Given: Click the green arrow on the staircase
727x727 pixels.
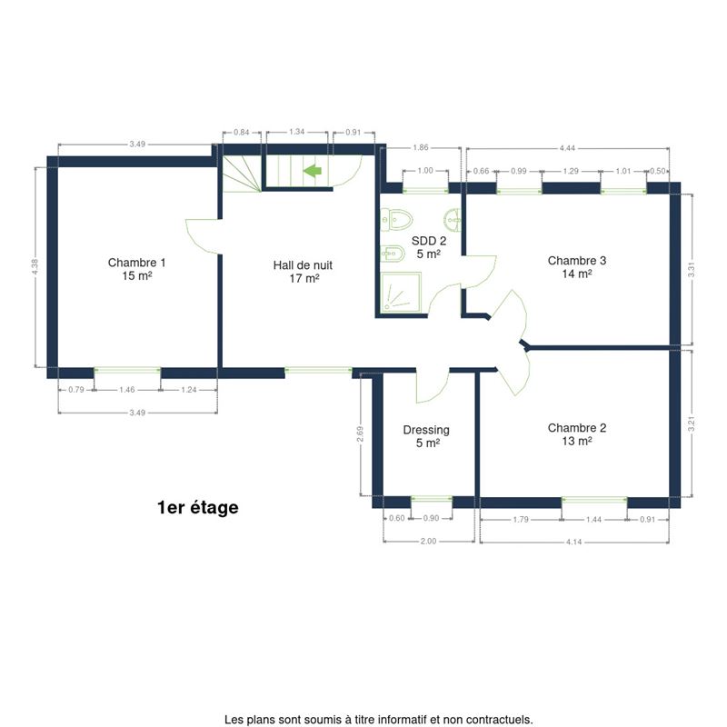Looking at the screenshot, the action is pyautogui.click(x=313, y=171).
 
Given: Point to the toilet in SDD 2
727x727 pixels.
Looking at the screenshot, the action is pyautogui.click(x=396, y=220).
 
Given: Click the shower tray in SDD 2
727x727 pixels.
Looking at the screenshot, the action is pyautogui.click(x=401, y=292).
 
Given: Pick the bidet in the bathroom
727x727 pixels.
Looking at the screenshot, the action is pyautogui.click(x=393, y=254).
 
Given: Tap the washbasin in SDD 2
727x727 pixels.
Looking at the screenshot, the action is pyautogui.click(x=453, y=220).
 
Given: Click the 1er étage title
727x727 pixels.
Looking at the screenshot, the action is pyautogui.click(x=198, y=507).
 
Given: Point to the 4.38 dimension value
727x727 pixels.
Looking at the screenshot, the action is pyautogui.click(x=35, y=267).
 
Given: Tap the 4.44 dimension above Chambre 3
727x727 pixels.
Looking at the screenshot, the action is pyautogui.click(x=567, y=148).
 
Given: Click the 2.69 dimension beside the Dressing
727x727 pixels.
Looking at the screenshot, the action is pyautogui.click(x=360, y=434).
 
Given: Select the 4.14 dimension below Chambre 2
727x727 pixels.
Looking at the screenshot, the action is pyautogui.click(x=574, y=542).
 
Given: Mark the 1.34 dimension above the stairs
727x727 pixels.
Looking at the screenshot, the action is pyautogui.click(x=297, y=132).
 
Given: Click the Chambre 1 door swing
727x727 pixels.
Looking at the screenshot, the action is pyautogui.click(x=202, y=236).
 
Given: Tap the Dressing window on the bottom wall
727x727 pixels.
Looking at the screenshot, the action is pyautogui.click(x=431, y=499).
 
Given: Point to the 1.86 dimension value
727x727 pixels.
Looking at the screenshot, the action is pyautogui.click(x=421, y=147).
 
